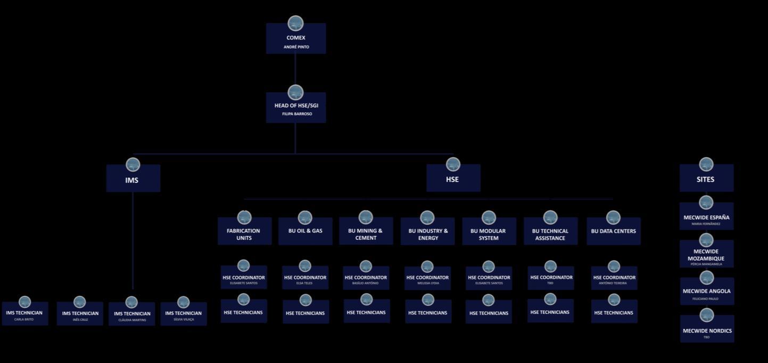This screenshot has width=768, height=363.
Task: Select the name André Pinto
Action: [296, 47]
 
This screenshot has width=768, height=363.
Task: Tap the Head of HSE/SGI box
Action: [296, 108]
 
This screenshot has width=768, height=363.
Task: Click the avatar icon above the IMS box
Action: [133, 164]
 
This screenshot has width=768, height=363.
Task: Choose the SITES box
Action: [706, 179]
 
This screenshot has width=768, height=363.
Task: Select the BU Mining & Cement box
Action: [365, 233]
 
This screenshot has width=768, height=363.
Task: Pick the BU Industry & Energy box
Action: [427, 233]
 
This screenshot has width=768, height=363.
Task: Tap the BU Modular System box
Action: [488, 233]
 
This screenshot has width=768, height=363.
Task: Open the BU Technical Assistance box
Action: [550, 233]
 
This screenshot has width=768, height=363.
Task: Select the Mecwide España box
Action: [706, 218]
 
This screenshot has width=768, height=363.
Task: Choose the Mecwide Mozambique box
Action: [706, 255]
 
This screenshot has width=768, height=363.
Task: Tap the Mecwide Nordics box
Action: [707, 331]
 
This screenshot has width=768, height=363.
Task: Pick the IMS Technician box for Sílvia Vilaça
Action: [183, 314]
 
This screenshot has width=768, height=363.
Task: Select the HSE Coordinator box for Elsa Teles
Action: [305, 278]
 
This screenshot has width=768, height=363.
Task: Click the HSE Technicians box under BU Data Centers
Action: [614, 312]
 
